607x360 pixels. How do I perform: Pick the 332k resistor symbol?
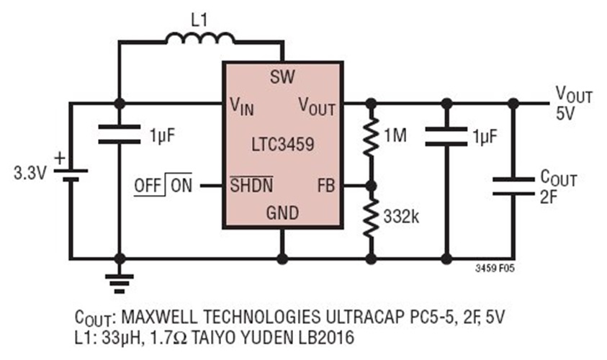pos(372,219)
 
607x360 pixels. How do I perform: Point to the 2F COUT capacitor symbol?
pos(512,186)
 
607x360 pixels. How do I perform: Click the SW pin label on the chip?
pos(282,77)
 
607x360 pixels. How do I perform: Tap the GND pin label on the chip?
pos(282,213)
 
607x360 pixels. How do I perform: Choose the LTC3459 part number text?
pos(282,144)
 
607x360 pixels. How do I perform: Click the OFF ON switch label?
pos(163,185)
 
